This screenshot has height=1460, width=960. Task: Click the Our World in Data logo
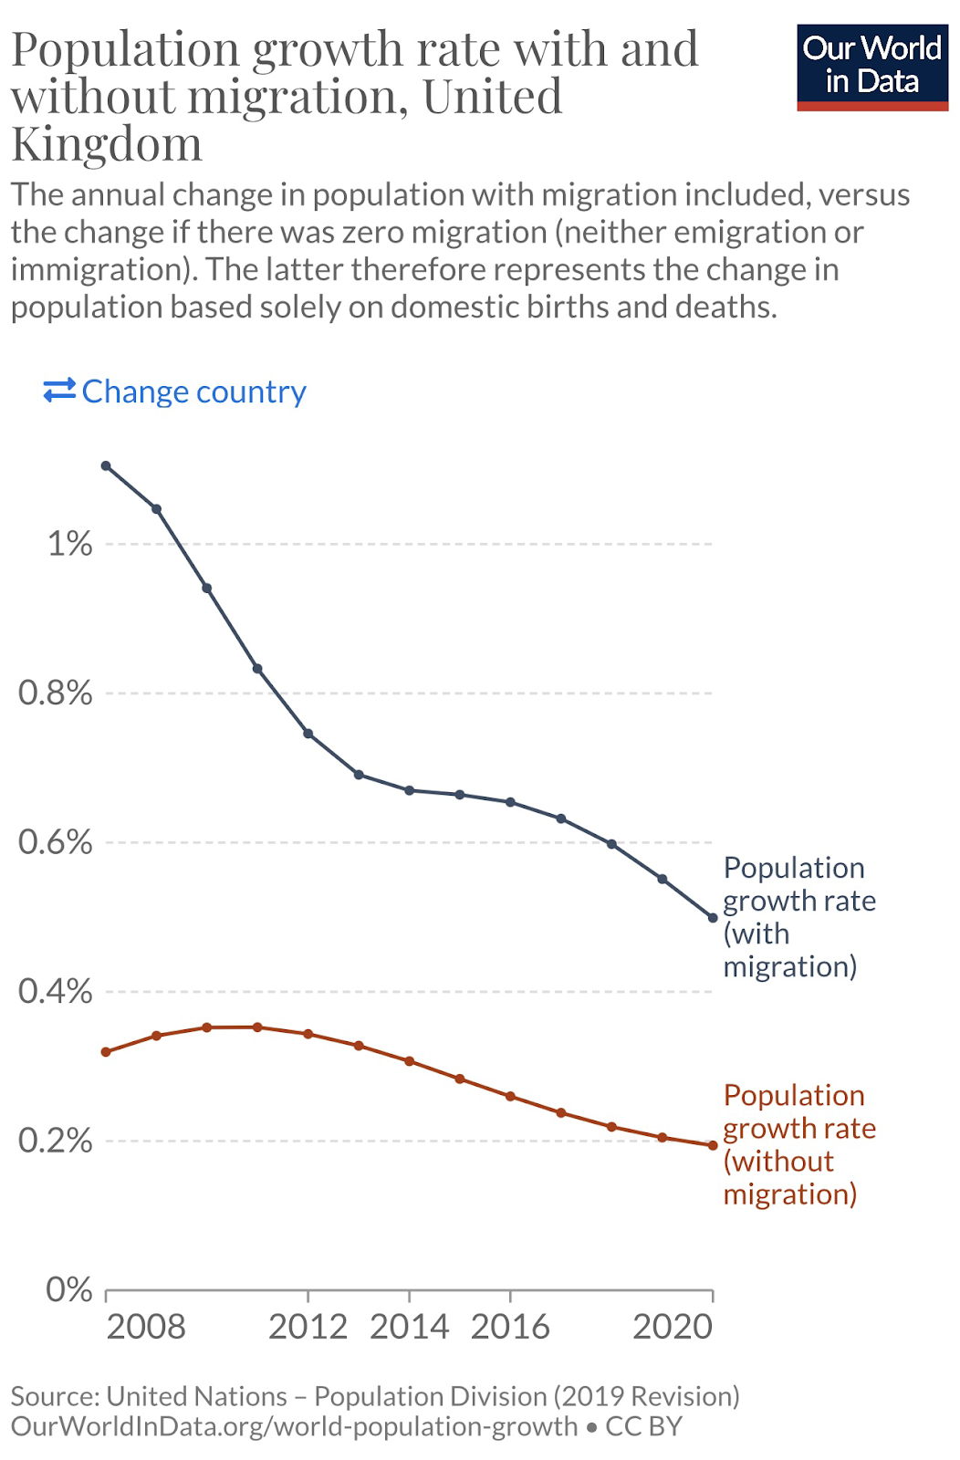pyautogui.click(x=871, y=67)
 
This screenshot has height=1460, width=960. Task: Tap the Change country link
pyautogui.click(x=175, y=391)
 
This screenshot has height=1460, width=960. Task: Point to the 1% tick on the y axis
pyautogui.click(x=69, y=544)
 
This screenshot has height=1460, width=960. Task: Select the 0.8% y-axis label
pyautogui.click(x=56, y=693)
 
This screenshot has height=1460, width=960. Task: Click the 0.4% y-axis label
pyautogui.click(x=56, y=991)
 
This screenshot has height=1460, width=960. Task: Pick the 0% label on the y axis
pyautogui.click(x=69, y=1289)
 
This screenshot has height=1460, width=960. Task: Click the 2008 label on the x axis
pyautogui.click(x=146, y=1327)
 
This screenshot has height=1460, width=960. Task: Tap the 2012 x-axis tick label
pyautogui.click(x=308, y=1327)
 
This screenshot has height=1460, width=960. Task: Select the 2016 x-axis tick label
pyautogui.click(x=510, y=1327)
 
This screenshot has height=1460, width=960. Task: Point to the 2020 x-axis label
pyautogui.click(x=673, y=1327)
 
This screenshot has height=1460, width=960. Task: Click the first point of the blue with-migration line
pyautogui.click(x=106, y=466)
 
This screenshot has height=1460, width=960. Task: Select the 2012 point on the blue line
pyautogui.click(x=308, y=734)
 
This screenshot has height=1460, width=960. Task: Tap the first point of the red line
pyautogui.click(x=106, y=1052)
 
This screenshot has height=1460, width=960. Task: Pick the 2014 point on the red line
pyautogui.click(x=410, y=1061)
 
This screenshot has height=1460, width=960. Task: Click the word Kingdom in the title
pyautogui.click(x=107, y=144)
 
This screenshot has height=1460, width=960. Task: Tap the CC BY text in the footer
pyautogui.click(x=644, y=1426)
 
